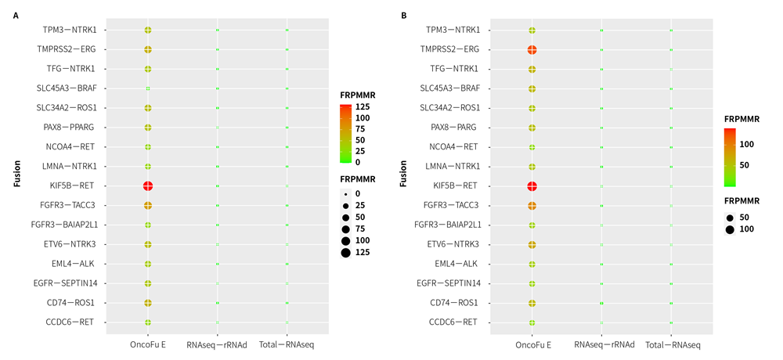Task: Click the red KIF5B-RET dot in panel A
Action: click(147, 185)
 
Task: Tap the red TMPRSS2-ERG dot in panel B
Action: click(532, 50)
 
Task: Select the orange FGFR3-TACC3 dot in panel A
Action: click(147, 205)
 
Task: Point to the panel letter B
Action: click(404, 15)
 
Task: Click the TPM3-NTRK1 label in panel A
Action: click(70, 30)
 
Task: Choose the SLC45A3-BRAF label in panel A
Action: click(70, 88)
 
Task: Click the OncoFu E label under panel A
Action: click(147, 344)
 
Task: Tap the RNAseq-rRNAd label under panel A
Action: click(217, 344)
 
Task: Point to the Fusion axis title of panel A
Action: click(16, 175)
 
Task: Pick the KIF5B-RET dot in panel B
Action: click(532, 185)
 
